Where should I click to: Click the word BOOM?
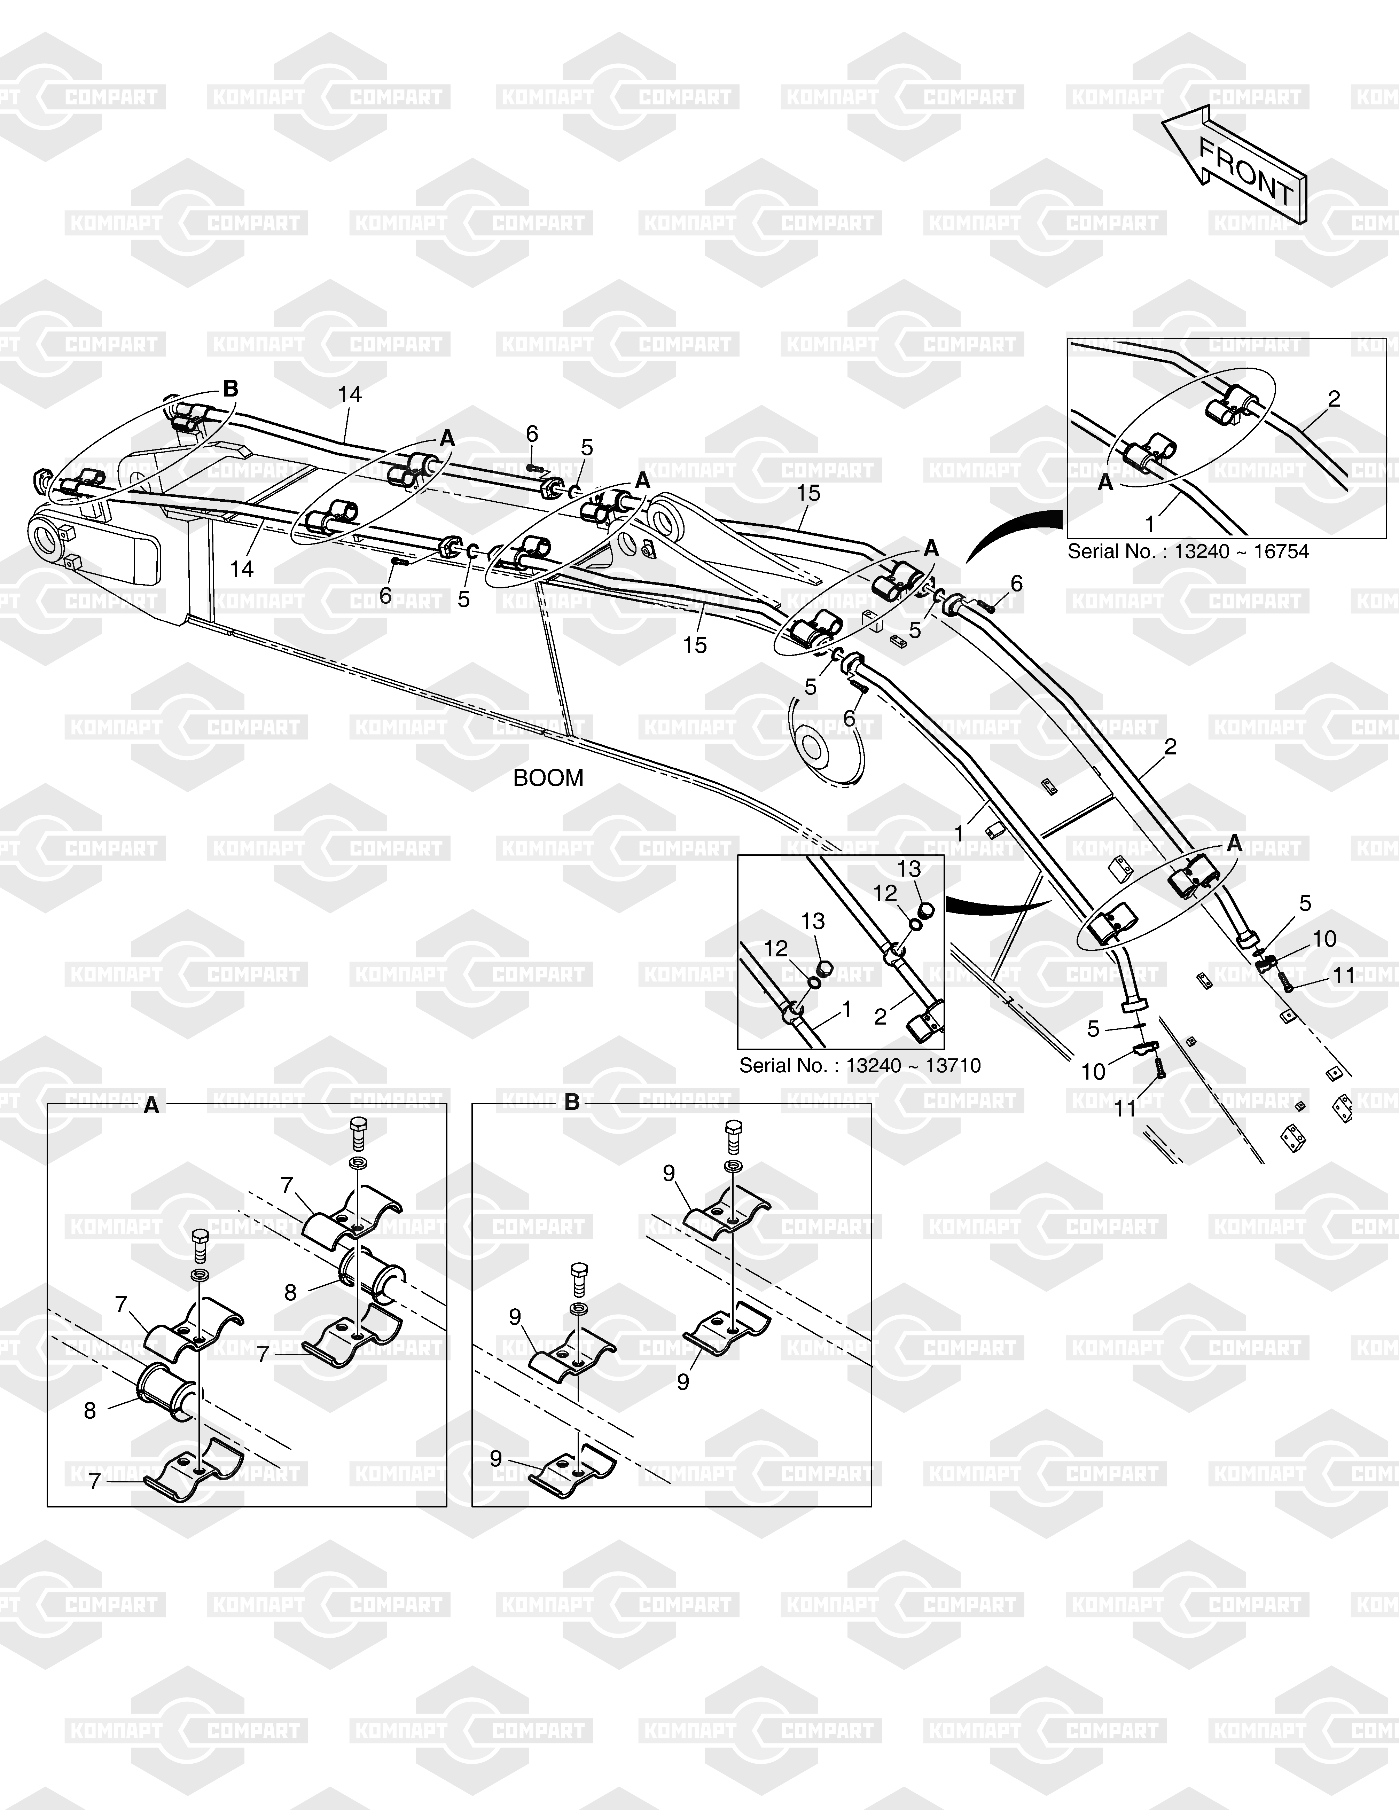tap(548, 778)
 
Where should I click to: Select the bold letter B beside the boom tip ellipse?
tap(231, 389)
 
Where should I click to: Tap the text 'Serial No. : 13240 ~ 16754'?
tap(1188, 552)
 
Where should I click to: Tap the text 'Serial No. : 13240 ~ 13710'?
tap(859, 1066)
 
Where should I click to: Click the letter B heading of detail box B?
tap(572, 1103)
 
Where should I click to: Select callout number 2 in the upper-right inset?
tap(1334, 399)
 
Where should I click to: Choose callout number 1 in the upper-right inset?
tap(1150, 524)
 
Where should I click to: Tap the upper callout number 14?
tap(350, 394)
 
